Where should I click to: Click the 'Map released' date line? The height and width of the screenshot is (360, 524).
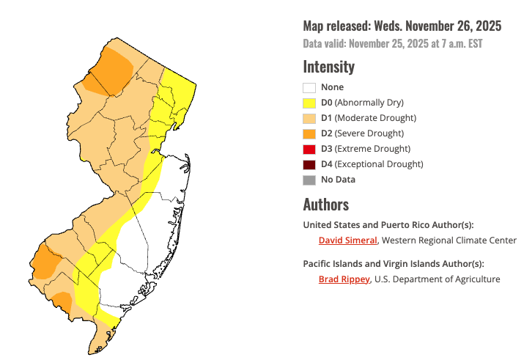(x=402, y=26)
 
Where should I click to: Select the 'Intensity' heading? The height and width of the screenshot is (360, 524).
(x=328, y=67)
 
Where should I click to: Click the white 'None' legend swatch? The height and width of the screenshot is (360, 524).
(x=309, y=88)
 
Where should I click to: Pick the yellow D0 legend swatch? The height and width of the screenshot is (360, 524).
(x=309, y=103)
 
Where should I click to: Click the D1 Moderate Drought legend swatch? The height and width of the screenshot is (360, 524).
(x=309, y=119)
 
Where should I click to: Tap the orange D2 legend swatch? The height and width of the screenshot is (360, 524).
(x=309, y=134)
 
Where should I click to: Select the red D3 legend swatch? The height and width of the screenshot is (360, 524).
(x=309, y=150)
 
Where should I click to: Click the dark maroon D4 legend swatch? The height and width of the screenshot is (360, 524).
(x=309, y=165)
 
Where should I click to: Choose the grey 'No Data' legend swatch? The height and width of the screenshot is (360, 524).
(x=309, y=180)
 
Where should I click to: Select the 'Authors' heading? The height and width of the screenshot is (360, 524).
(x=325, y=204)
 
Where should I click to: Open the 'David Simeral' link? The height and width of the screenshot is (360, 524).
(x=347, y=240)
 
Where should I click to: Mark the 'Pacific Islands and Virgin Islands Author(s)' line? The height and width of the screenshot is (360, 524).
(x=394, y=264)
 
